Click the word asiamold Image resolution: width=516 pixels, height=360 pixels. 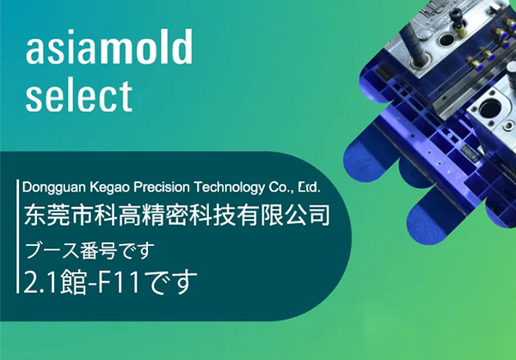pyautogui.click(x=108, y=51)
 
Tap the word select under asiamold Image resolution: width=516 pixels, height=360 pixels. pyautogui.click(x=78, y=95)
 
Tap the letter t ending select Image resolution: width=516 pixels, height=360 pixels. pyautogui.click(x=127, y=95)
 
